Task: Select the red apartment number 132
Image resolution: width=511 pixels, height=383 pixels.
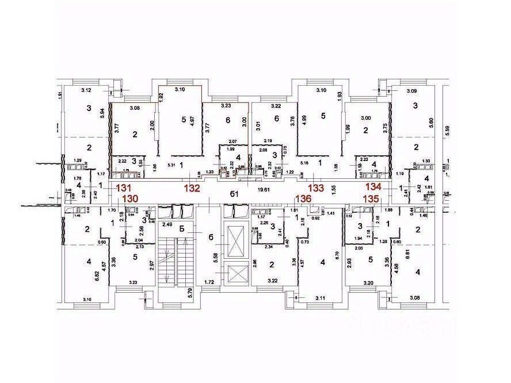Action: (192, 187)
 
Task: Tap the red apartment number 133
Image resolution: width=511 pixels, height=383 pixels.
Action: (315, 187)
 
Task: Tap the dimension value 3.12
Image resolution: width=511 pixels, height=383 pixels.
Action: (87, 90)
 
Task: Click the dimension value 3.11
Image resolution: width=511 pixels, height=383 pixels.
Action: (320, 298)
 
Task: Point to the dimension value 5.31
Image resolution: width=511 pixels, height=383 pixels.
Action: (171, 164)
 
